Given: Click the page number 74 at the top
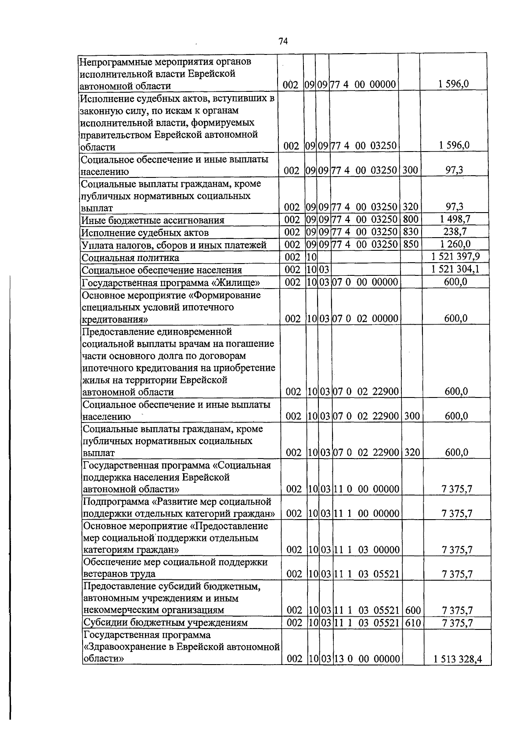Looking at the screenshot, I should click(x=283, y=41).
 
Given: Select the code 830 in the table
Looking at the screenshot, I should click(x=410, y=232).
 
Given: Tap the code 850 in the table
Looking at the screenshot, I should click(x=410, y=245).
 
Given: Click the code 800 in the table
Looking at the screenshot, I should click(x=410, y=220).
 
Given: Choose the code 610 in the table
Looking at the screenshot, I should click(x=412, y=623).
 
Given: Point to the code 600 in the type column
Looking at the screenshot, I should click(x=412, y=610).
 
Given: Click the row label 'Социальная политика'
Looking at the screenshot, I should click(x=130, y=258).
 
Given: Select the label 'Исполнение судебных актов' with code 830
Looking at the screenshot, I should click(x=145, y=233).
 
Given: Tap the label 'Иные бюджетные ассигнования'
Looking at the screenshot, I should click(x=153, y=220).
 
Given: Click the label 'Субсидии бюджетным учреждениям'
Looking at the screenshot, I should click(x=165, y=623).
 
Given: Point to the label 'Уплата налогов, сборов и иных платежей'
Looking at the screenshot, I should click(x=174, y=245).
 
